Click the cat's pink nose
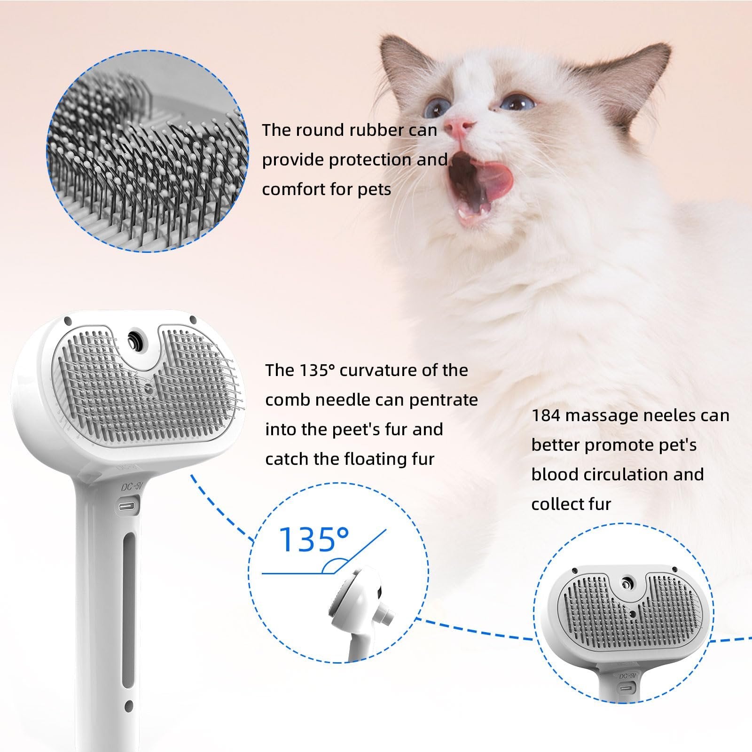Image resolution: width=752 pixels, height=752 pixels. [x=459, y=126]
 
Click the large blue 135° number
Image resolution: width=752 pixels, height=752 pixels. [x=314, y=540]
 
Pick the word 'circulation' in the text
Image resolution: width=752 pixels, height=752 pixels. [x=626, y=475]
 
